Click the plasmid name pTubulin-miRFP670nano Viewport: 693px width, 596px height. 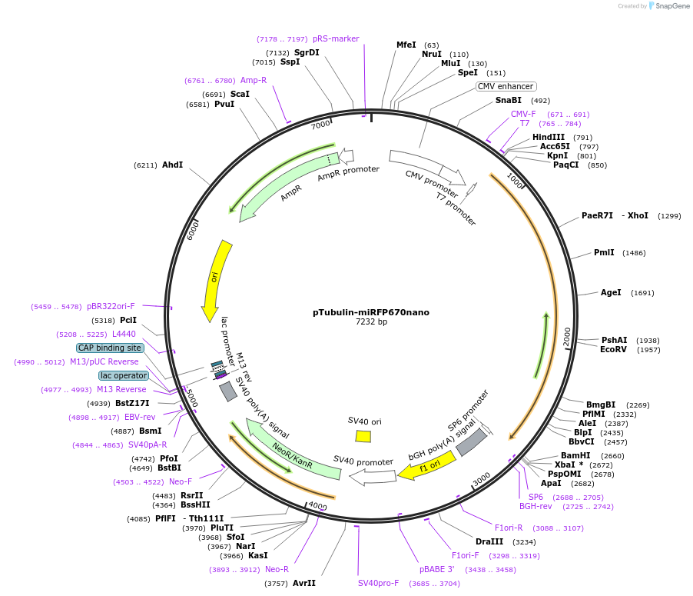[x=371, y=312]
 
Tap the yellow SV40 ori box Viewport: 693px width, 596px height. [x=363, y=436]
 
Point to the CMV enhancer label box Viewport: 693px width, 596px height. [x=506, y=86]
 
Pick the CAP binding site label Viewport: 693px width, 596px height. [x=110, y=348]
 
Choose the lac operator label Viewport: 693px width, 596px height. [x=123, y=375]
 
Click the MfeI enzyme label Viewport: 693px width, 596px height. [x=406, y=45]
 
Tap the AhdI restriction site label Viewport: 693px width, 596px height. [x=172, y=165]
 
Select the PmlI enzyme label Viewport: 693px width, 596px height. [x=604, y=252]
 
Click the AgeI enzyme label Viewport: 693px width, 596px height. [x=611, y=292]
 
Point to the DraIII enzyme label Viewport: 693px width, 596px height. [x=489, y=541]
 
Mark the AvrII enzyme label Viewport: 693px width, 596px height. [x=304, y=583]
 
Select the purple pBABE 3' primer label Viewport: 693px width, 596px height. [x=437, y=569]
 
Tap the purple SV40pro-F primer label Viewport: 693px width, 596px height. [x=379, y=583]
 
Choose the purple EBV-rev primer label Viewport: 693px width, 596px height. [x=140, y=417]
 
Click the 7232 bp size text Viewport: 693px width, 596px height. [x=371, y=322]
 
